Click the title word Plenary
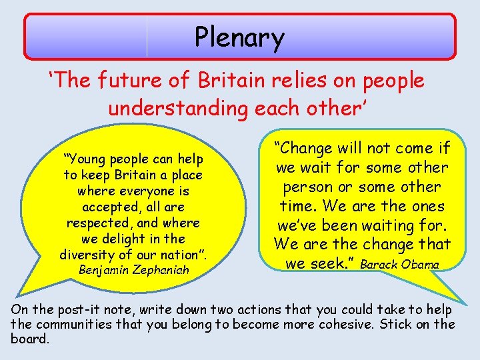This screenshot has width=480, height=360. click(239, 38)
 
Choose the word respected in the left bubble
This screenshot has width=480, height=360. click(93, 223)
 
